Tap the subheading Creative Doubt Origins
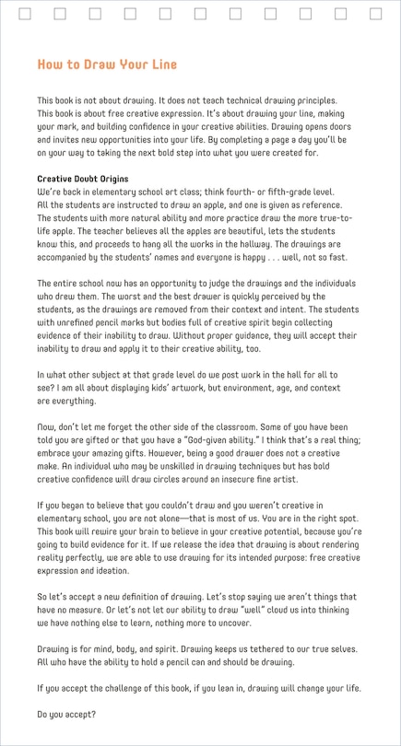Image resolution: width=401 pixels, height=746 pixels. (83, 179)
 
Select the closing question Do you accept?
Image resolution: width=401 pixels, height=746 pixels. (66, 715)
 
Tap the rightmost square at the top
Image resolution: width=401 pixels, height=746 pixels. (376, 14)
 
